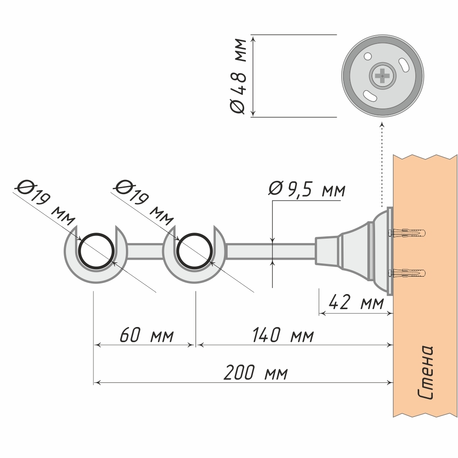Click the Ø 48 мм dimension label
[239, 76]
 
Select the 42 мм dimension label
[356, 303]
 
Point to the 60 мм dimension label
[147, 336]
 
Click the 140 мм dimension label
[283, 336]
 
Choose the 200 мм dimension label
[256, 373]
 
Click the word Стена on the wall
[426, 373]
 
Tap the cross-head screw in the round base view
[382, 75]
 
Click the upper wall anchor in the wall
[408, 233]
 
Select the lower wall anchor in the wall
[408, 274]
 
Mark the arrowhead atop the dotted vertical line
[382, 125]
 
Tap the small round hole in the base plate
[367, 57]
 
